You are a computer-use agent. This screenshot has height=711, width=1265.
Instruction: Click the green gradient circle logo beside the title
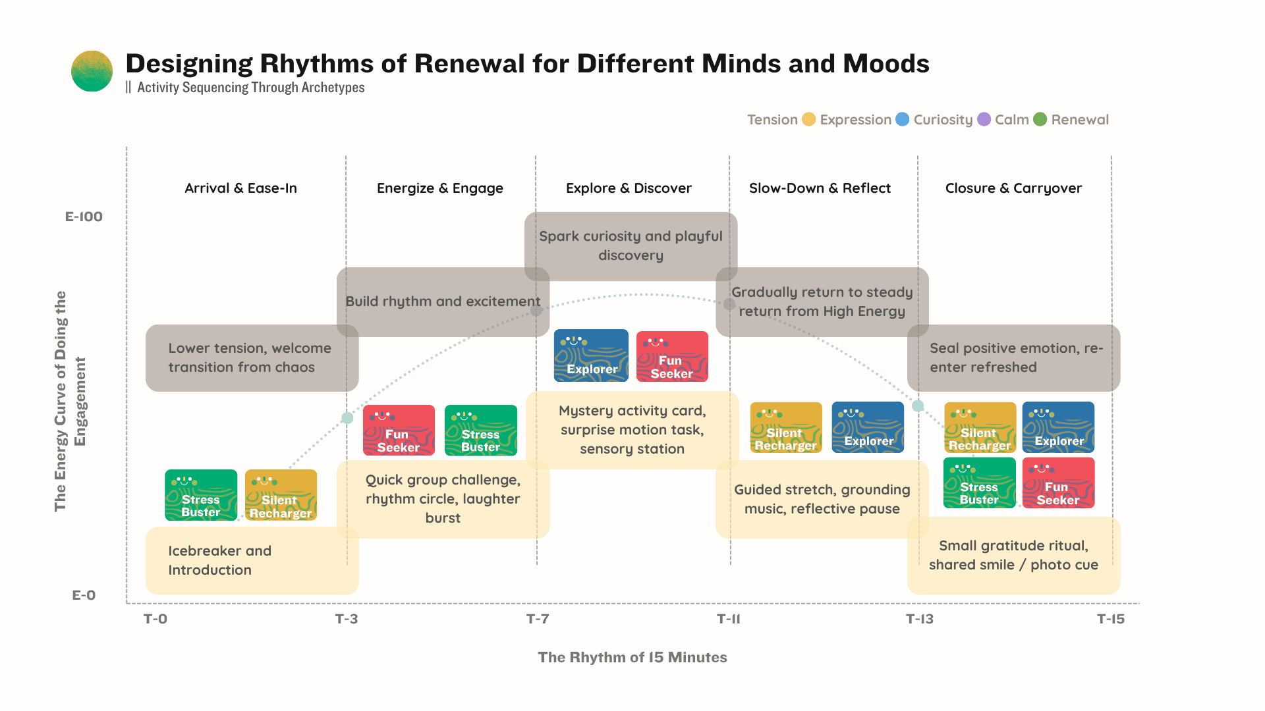[x=92, y=71]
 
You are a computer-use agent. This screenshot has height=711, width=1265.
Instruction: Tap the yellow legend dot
[x=808, y=119]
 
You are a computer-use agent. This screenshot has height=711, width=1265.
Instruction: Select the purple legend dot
[x=984, y=119]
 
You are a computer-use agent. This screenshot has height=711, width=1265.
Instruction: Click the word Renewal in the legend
[x=1080, y=120]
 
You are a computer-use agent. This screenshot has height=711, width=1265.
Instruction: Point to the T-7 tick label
[x=538, y=619]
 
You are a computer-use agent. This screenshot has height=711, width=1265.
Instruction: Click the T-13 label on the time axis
[x=919, y=619]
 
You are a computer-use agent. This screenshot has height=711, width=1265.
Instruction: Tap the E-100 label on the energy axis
[x=84, y=217]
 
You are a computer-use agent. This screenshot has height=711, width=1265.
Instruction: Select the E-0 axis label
[x=84, y=595]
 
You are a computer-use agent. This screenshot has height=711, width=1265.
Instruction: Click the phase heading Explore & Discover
[x=629, y=188]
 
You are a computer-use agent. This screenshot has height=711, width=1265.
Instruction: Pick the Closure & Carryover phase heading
[x=1013, y=188]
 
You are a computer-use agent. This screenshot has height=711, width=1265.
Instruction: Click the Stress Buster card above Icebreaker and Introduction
[x=201, y=495]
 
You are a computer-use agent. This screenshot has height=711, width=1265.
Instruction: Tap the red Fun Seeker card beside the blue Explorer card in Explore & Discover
[x=672, y=356]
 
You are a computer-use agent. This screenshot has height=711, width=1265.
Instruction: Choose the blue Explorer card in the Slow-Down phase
[x=868, y=427]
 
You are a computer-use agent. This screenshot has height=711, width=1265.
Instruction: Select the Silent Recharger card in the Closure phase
[x=980, y=427]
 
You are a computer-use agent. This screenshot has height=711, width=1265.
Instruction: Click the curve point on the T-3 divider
[x=347, y=418]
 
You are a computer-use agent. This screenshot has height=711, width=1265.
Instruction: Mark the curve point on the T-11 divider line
[x=729, y=304]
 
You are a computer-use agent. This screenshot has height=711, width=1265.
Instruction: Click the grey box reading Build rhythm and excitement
[x=443, y=302]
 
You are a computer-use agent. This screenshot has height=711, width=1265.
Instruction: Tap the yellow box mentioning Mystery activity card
[x=632, y=430]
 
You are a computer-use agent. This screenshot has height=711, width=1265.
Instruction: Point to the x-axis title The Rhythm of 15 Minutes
[x=632, y=657]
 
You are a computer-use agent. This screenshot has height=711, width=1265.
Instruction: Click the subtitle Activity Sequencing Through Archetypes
[x=250, y=88]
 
